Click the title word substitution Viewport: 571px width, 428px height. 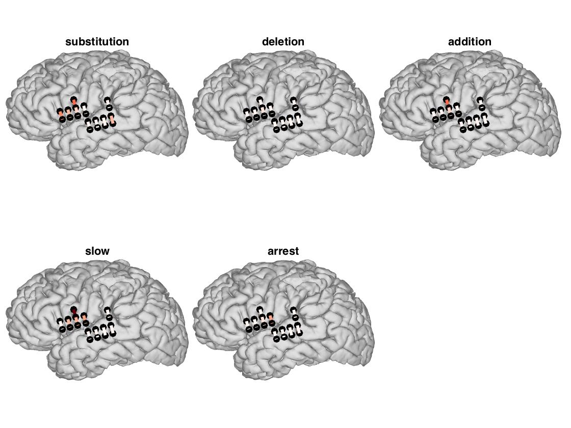[x=97, y=42]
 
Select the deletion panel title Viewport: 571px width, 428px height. [x=283, y=42]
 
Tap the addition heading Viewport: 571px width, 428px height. [x=470, y=42]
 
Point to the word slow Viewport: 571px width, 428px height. [x=97, y=251]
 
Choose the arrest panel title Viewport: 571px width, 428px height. [x=283, y=251]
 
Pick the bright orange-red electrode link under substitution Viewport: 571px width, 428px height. [x=74, y=102]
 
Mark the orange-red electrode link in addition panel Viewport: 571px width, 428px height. [x=447, y=103]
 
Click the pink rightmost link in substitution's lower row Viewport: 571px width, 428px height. [x=111, y=120]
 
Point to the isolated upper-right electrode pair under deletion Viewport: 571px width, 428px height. [x=294, y=104]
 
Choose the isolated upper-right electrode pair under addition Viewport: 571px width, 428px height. [x=481, y=104]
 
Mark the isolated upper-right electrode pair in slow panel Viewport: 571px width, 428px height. [x=108, y=313]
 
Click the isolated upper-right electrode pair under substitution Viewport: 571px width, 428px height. [x=108, y=104]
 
